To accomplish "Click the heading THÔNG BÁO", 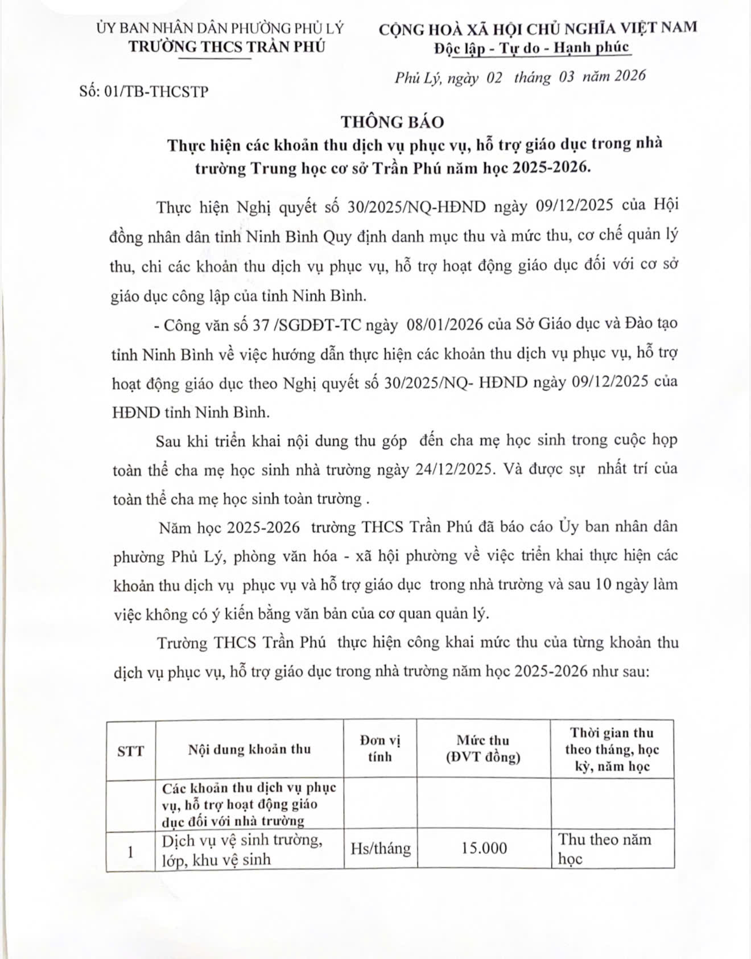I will [x=392, y=122].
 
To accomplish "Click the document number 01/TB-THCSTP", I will [x=157, y=91].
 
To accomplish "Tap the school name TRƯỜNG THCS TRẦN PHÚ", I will [x=226, y=47].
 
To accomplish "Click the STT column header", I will [x=131, y=751].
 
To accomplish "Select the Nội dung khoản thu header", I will [x=249, y=749].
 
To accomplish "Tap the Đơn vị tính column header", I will [x=380, y=748].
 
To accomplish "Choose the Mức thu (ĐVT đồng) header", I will [x=483, y=748].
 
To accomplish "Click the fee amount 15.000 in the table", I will [x=484, y=848].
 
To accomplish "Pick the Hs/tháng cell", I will [x=380, y=848].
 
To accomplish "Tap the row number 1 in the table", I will [x=131, y=851].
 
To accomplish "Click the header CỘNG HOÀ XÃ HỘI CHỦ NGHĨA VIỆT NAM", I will [x=538, y=28].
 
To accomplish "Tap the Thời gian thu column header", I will [x=612, y=749].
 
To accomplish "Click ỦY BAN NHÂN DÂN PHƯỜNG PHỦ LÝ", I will [x=220, y=28].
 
